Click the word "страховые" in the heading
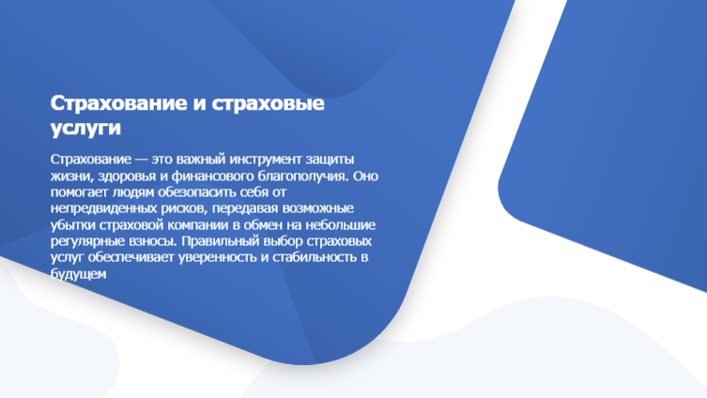[268, 103]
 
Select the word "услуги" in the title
[85, 128]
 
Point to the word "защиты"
[330, 160]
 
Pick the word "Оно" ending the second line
[365, 176]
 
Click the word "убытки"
[72, 225]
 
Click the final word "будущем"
[79, 273]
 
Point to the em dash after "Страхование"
[141, 160]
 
